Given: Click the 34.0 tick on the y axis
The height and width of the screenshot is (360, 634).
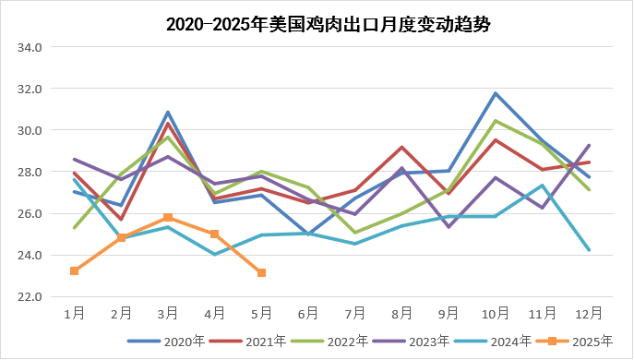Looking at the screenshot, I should (x=31, y=47).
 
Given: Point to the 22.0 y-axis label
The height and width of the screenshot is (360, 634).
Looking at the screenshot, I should (x=31, y=296).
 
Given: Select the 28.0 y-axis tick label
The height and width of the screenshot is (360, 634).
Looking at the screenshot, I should (x=31, y=172).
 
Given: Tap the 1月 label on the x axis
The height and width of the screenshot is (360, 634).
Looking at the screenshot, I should (x=74, y=314).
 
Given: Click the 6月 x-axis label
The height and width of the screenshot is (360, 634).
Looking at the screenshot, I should (x=308, y=314).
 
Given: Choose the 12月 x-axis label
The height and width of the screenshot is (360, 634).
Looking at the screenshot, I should (x=589, y=314).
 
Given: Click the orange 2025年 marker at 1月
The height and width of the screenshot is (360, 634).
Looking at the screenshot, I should (x=74, y=270).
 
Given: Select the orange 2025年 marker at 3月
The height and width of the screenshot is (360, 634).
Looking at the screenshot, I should (x=168, y=218).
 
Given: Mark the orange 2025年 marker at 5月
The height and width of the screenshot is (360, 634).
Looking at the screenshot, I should (x=261, y=272).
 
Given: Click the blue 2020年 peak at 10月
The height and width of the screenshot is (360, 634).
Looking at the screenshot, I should (x=496, y=93).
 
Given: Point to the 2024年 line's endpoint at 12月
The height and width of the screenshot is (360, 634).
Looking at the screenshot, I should (x=589, y=249).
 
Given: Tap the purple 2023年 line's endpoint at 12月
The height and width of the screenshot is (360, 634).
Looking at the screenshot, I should (x=589, y=145).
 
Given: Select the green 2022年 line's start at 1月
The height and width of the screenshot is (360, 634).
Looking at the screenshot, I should (x=74, y=227).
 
